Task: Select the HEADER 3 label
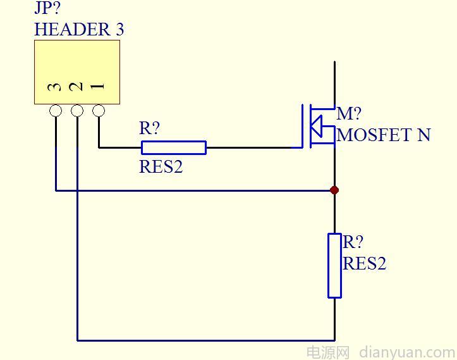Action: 79,29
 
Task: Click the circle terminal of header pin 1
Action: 99,111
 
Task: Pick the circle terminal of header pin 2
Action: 77,111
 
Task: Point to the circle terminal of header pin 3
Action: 56,111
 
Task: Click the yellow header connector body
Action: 76,63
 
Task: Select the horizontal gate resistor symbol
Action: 173,147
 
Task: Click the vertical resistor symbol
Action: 334,265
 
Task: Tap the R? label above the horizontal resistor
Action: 150,128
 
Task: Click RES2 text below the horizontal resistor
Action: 161,167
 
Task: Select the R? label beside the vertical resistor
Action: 353,242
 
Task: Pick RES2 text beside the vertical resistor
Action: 364,263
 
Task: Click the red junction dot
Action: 334,190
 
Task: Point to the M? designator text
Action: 349,114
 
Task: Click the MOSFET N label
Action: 384,135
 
